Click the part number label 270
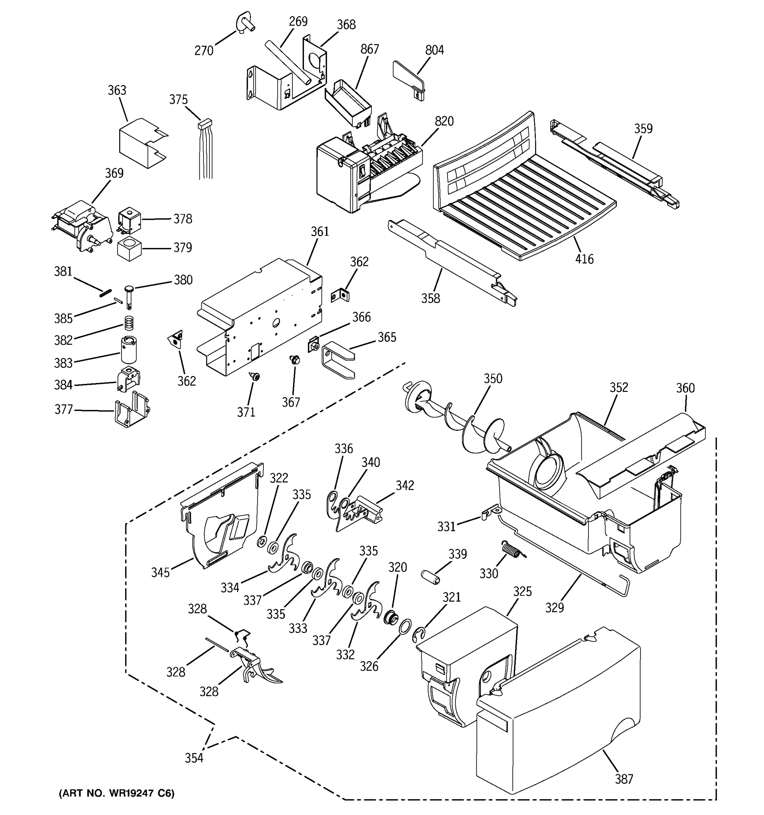[x=204, y=51]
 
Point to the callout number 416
[x=584, y=259]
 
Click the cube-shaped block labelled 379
[x=129, y=249]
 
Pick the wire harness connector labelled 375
[x=205, y=123]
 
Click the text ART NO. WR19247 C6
[x=117, y=793]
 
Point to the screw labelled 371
[x=255, y=376]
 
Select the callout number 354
[x=194, y=758]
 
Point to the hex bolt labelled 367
[x=295, y=360]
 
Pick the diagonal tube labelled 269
[x=287, y=61]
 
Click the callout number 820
[x=444, y=121]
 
